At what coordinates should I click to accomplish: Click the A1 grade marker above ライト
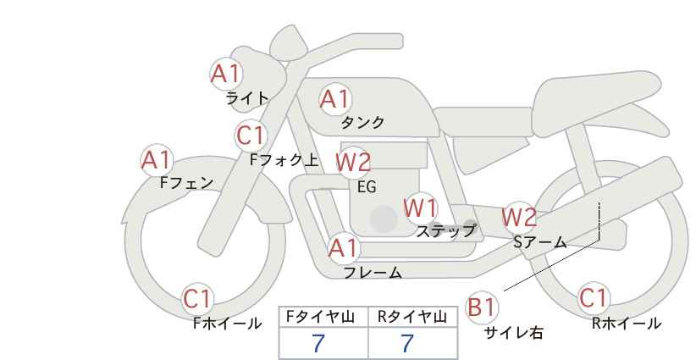(226, 74)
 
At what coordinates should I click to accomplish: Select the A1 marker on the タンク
(335, 99)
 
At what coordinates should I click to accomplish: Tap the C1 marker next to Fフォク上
(251, 136)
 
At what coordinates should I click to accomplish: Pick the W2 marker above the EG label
(353, 162)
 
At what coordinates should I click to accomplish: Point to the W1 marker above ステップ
(420, 208)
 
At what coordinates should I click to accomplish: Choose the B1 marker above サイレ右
(481, 307)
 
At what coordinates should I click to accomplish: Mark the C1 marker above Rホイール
(594, 298)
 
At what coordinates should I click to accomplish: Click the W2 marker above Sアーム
(519, 217)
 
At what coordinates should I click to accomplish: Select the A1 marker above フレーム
(344, 248)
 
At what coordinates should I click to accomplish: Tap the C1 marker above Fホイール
(197, 299)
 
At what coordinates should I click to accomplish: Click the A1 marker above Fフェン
(157, 160)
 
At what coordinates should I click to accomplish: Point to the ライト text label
(247, 98)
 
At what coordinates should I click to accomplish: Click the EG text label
(367, 187)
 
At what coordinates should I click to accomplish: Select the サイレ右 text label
(514, 332)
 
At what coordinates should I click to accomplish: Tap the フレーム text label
(373, 272)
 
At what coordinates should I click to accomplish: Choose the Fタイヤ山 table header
(320, 317)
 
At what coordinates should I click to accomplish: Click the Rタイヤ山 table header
(412, 317)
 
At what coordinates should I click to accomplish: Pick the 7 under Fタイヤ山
(318, 343)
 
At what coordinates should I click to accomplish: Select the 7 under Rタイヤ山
(407, 343)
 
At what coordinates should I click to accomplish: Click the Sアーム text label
(540, 242)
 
